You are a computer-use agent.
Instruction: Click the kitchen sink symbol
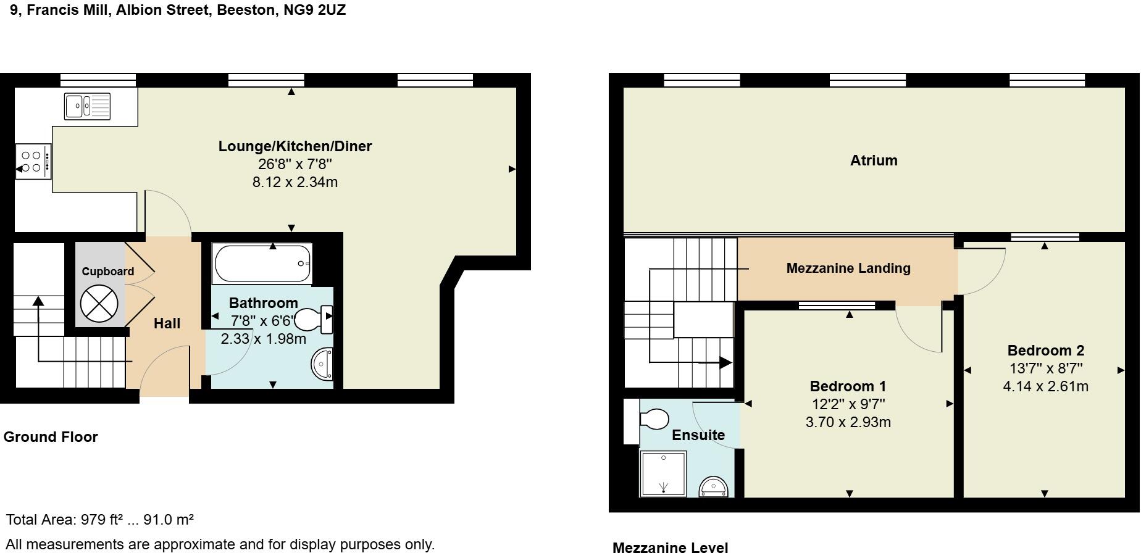pyautogui.click(x=87, y=106)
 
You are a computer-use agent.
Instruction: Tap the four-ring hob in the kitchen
pyautogui.click(x=32, y=162)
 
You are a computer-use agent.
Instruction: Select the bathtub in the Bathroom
pyautogui.click(x=262, y=264)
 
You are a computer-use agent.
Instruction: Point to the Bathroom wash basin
pyautogui.click(x=322, y=364)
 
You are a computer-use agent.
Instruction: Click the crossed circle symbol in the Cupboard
pyautogui.click(x=99, y=304)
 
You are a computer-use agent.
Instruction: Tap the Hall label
pyautogui.click(x=167, y=323)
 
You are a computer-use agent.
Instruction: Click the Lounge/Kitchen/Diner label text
pyautogui.click(x=295, y=146)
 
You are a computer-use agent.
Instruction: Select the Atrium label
pyautogui.click(x=874, y=160)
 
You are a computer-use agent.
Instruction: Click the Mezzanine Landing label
pyautogui.click(x=848, y=268)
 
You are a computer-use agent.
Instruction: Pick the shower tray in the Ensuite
pyautogui.click(x=663, y=473)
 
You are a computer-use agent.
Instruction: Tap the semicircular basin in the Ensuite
pyautogui.click(x=714, y=487)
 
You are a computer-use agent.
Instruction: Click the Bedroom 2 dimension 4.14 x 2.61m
pyautogui.click(x=1045, y=386)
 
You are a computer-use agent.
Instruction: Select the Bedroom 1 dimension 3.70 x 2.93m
pyautogui.click(x=848, y=422)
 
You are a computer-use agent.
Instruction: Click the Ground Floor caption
pyautogui.click(x=51, y=437)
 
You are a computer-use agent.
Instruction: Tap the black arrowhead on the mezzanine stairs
pyautogui.click(x=725, y=363)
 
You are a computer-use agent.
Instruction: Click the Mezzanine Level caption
pyautogui.click(x=670, y=547)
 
